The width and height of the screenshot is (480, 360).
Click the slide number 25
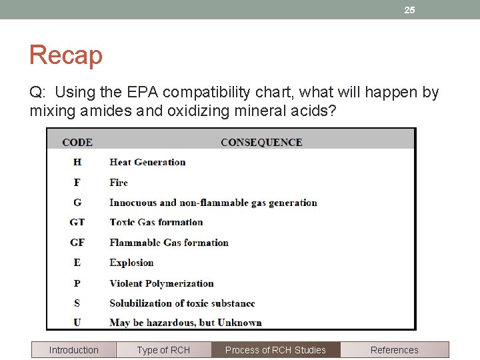click(x=409, y=10)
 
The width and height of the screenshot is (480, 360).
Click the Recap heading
click(x=65, y=55)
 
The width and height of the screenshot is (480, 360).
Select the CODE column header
click(x=77, y=142)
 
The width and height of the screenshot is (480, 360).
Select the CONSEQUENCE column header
click(x=261, y=142)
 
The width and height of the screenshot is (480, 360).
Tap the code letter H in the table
click(x=77, y=162)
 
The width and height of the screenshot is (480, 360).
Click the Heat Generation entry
click(x=147, y=162)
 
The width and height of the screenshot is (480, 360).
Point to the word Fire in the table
click(x=119, y=182)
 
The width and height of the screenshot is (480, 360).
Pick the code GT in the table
click(x=77, y=222)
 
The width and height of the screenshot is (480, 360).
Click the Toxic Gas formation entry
click(x=156, y=222)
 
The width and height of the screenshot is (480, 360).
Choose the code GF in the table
click(x=77, y=243)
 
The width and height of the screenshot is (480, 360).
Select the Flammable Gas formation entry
click(x=169, y=243)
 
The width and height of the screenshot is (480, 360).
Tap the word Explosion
click(x=131, y=263)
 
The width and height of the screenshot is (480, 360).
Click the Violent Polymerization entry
click(x=161, y=283)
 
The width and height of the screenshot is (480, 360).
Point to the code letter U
click(x=77, y=323)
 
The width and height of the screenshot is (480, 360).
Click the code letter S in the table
click(x=77, y=303)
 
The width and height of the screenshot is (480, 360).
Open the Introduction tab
click(x=73, y=350)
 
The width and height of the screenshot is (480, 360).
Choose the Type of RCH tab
click(x=163, y=350)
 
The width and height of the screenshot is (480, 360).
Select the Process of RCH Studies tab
click(x=275, y=350)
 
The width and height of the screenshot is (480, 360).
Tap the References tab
click(x=395, y=350)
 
